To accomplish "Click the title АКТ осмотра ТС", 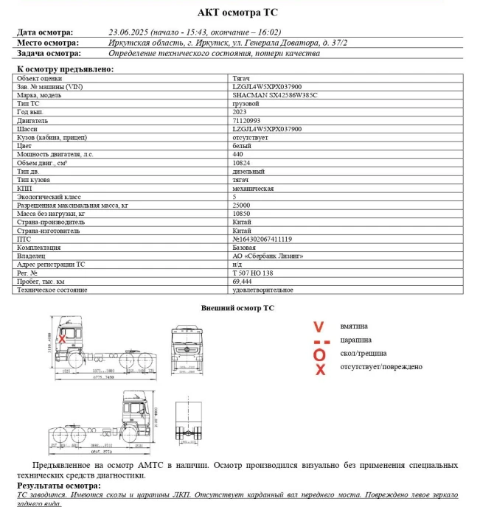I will point(238,13).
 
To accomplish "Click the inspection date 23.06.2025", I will point(129,32).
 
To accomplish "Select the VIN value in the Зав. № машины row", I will point(266,86).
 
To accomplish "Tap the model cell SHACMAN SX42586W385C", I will point(275,95).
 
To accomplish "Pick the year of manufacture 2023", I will point(240,112).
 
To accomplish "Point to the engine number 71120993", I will point(246,120).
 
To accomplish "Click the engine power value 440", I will point(237,154).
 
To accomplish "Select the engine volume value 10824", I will point(241,163).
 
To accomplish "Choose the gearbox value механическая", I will point(253,188).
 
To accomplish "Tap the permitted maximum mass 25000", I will point(241,205).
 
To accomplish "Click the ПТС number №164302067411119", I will point(262,239).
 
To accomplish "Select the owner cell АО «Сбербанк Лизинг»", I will point(268,256).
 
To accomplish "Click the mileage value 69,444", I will point(243,282).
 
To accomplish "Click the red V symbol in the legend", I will point(319,326).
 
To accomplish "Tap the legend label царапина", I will point(356,340).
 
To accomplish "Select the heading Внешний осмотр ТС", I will point(237,307).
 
